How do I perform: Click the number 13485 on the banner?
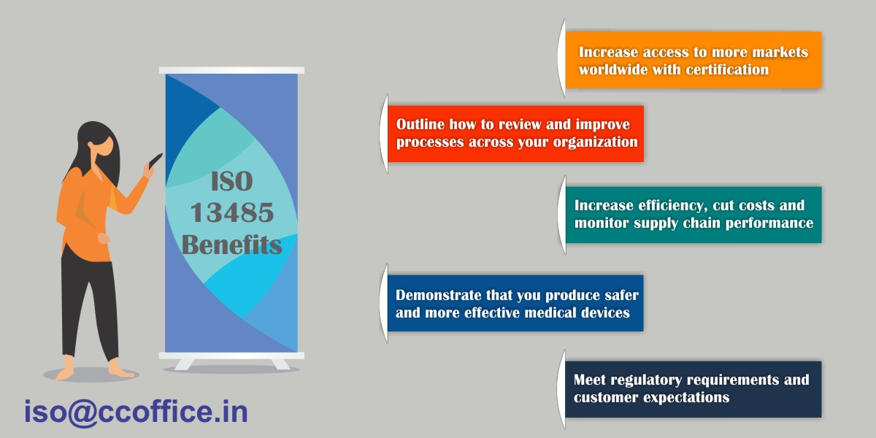pos(232,212)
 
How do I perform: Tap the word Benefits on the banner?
pos(232,245)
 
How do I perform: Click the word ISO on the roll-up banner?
pos(232,182)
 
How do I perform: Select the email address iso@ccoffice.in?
pos(136,412)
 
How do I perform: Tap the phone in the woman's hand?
pos(155,161)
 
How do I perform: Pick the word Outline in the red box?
pos(420,124)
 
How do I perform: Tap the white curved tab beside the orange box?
pos(561,58)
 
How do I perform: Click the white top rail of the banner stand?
pos(231,70)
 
